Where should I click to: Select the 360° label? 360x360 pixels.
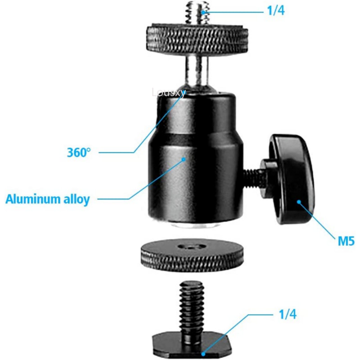(79, 152)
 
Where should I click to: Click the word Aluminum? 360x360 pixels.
(31, 199)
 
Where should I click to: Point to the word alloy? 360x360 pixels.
(75, 199)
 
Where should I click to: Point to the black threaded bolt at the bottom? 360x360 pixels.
(190, 306)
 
